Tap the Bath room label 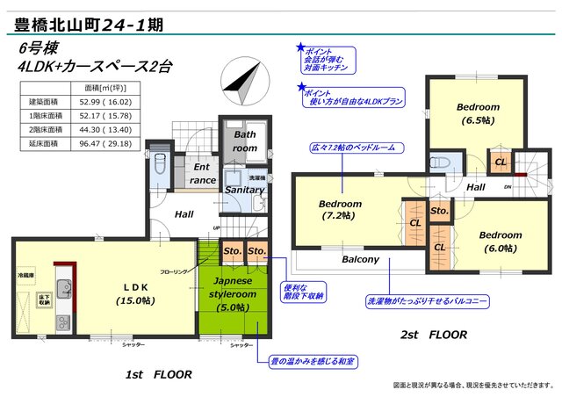point(245,141)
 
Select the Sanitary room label point(245,190)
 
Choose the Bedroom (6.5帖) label point(478,113)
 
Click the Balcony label point(360,259)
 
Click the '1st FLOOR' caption point(158,374)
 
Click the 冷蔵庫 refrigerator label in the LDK point(25,275)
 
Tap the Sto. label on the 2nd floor point(440,211)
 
